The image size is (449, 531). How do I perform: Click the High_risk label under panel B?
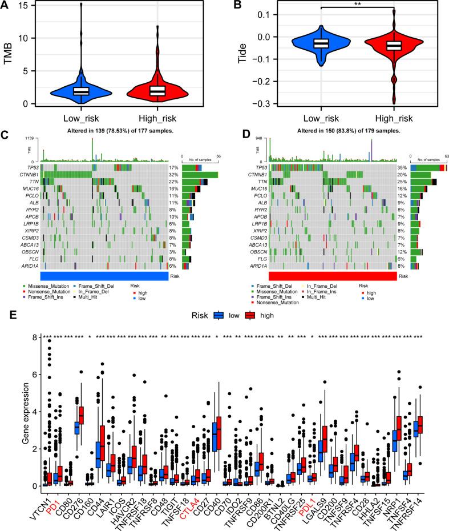[393, 118]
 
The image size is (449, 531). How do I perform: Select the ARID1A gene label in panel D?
[256, 265]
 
